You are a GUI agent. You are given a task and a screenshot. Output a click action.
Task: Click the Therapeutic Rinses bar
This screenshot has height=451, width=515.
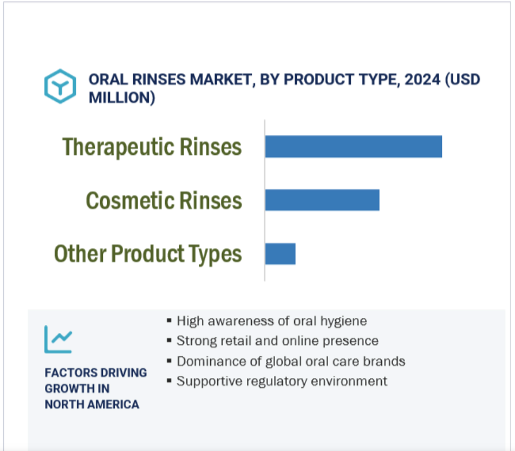point(354,147)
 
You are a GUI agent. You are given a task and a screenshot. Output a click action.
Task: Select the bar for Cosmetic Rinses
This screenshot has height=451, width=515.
point(322,200)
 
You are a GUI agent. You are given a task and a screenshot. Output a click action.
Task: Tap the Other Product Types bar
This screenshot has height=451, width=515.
point(280,253)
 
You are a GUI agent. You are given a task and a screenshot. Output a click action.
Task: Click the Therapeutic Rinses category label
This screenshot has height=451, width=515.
point(152,147)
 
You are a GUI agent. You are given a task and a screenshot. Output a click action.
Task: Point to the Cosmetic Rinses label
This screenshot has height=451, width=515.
point(164,200)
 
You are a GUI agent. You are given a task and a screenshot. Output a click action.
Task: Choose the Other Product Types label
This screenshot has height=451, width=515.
point(148,254)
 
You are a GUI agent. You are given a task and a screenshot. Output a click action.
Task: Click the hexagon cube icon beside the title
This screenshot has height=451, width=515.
point(60,86)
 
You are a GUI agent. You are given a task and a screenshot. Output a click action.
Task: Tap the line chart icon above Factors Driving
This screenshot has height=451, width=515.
point(58,339)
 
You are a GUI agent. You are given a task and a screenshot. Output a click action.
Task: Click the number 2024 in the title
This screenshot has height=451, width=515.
point(422,80)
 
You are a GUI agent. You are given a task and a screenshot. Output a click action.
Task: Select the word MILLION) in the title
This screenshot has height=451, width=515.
point(122,98)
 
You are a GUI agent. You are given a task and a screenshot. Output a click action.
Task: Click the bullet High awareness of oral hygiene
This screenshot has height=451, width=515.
point(272,321)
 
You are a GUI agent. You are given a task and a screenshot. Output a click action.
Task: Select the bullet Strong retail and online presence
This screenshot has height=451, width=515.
point(277,341)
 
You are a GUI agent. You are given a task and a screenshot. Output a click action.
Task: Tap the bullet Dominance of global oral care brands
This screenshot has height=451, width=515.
point(291,361)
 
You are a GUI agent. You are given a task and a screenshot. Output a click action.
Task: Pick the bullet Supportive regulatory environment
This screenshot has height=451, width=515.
point(282,381)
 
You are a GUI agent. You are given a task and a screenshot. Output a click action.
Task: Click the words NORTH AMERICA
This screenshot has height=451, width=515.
point(92,404)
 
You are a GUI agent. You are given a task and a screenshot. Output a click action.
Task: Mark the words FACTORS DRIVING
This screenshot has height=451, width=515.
point(95,373)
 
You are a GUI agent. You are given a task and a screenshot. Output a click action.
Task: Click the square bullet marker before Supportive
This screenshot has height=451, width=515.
point(169,381)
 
